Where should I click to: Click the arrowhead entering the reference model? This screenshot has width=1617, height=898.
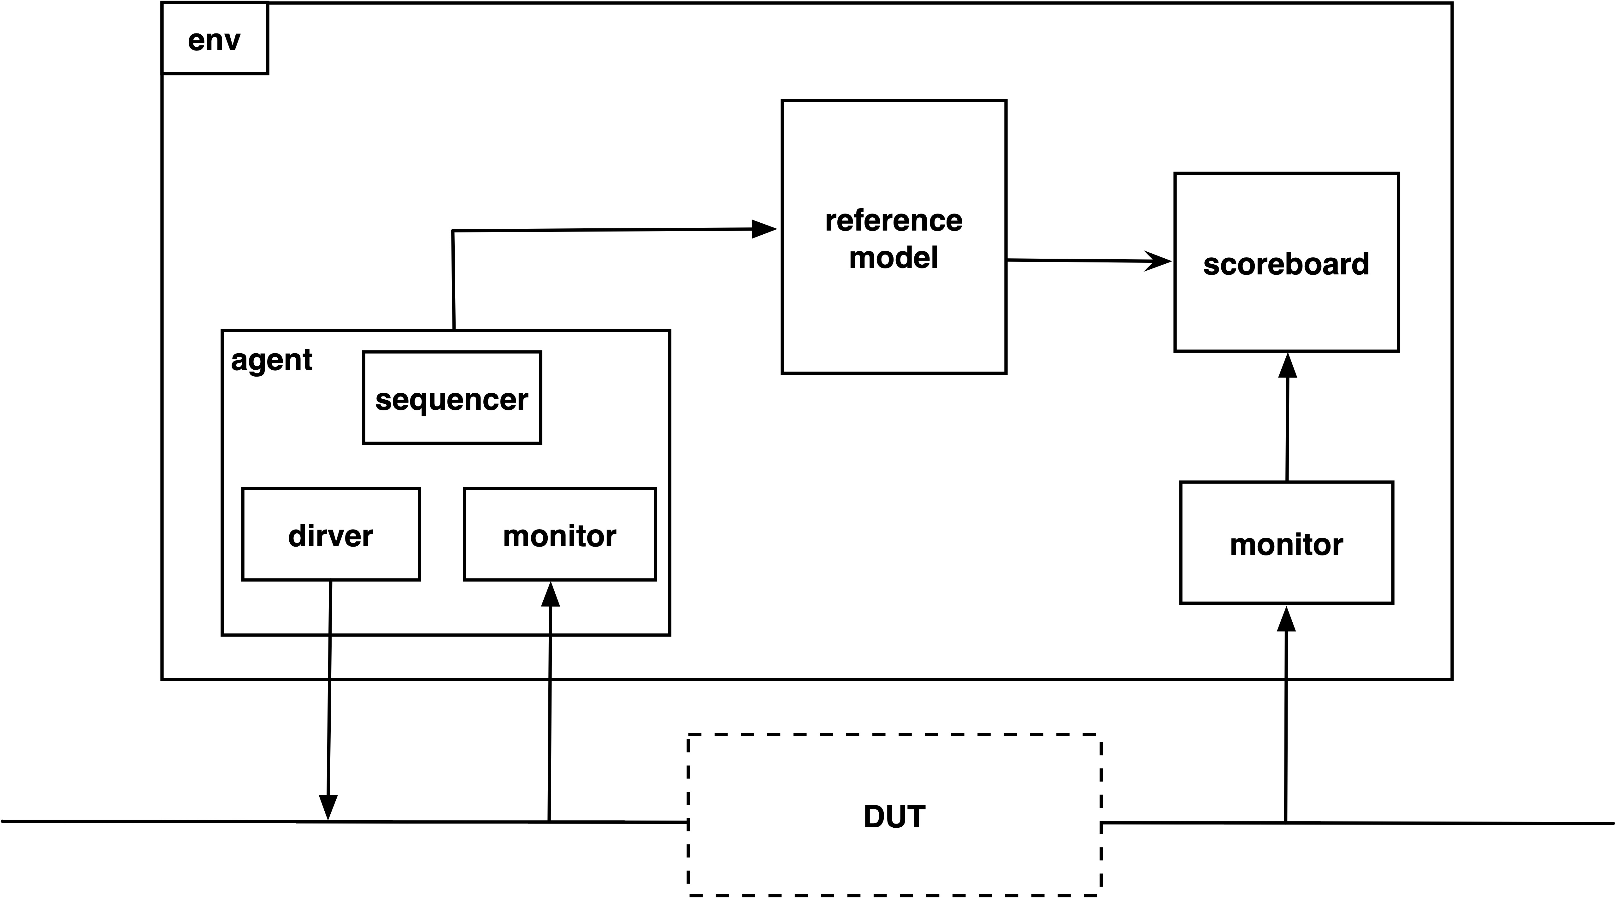coord(764,229)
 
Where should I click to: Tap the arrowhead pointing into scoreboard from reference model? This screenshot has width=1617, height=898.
coord(1158,261)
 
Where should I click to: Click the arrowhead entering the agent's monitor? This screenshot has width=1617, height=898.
coord(551,594)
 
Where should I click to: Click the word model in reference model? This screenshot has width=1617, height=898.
coord(894,257)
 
